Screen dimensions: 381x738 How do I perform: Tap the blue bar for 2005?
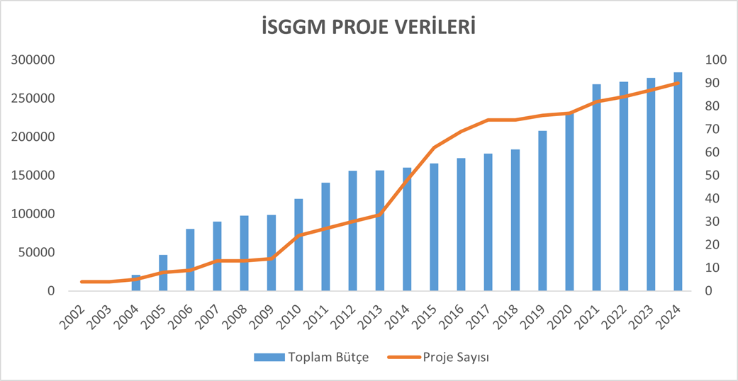pyautogui.click(x=163, y=273)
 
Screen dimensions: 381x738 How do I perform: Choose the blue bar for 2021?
pyautogui.click(x=596, y=187)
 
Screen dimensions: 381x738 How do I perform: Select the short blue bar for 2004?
pyautogui.click(x=136, y=283)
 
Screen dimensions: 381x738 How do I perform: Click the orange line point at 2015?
pyautogui.click(x=434, y=147)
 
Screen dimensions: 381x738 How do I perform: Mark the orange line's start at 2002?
pyautogui.click(x=82, y=282)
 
